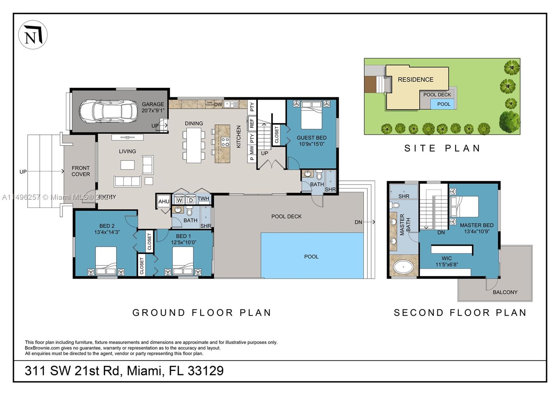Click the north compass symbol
coord(33,35)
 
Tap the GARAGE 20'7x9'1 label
coord(153,107)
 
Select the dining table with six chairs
coord(194,145)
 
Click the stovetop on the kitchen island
coord(225,142)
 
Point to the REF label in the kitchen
coord(252,124)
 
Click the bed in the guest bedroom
coord(311,115)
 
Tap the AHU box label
coord(163,201)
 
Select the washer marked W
coord(180,200)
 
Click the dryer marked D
coord(191,200)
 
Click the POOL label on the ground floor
coord(311,257)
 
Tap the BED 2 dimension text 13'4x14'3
coord(107,232)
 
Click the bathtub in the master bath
coord(404,268)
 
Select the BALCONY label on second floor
coord(505,292)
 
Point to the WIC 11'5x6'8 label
coord(447,262)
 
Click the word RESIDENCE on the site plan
coord(415,80)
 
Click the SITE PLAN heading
coord(442,148)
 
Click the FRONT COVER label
coord(81,171)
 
